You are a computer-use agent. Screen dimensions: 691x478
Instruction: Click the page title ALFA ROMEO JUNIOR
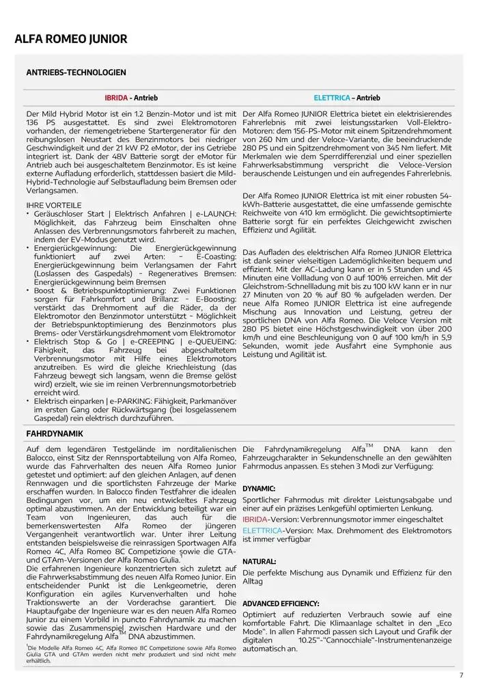pos(70,39)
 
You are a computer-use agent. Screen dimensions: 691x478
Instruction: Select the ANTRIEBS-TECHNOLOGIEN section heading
pos(76,72)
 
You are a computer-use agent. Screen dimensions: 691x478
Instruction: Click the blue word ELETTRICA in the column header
pos(331,98)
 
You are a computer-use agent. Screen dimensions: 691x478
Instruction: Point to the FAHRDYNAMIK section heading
pos(54,433)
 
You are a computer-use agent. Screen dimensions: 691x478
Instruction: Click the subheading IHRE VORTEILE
pos(53,205)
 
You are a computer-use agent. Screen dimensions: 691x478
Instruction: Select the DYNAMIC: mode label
pos(259,489)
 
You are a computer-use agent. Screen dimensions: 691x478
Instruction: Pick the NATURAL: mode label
pos(259,561)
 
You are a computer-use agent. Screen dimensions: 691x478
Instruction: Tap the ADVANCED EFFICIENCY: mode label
pos(281,604)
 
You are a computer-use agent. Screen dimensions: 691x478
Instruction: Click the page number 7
pos(461,675)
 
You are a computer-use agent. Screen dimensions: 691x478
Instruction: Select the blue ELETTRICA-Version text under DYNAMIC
pos(262,530)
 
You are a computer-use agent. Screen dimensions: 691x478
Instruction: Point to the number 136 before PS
pos(34,122)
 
